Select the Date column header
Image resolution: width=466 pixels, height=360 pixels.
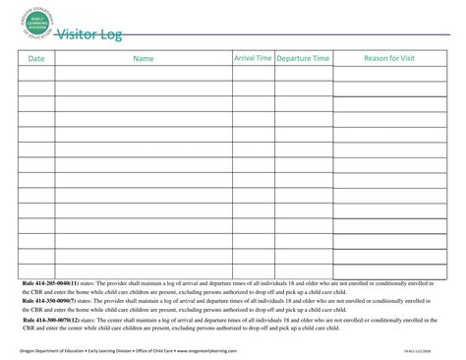[36, 59]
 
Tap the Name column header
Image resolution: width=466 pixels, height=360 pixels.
[144, 59]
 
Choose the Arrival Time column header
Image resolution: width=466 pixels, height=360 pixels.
[253, 59]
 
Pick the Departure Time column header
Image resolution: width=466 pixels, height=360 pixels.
[303, 59]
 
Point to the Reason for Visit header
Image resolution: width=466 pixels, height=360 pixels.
[389, 59]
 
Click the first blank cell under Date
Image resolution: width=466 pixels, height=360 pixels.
[36, 74]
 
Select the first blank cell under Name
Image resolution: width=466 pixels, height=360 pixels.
[144, 74]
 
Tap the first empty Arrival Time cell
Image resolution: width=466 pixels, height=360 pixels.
[253, 74]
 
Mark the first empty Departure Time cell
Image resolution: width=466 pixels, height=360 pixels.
[303, 74]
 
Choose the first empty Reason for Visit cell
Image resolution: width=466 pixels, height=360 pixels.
[389, 74]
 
